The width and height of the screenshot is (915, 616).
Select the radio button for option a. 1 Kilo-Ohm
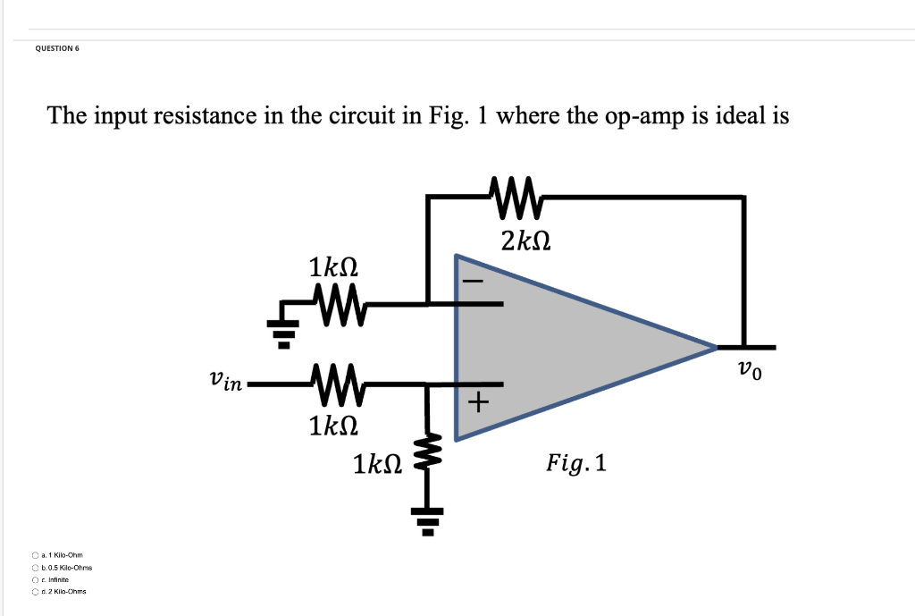[35, 556]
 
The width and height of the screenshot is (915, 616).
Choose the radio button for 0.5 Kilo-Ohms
[35, 568]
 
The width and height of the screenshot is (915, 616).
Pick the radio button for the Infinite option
[35, 579]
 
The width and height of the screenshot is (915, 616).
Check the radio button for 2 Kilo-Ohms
[35, 591]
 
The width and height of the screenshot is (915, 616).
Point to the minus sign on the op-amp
[473, 282]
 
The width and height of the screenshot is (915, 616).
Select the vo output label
[751, 369]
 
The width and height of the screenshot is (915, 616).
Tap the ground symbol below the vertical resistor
[427, 518]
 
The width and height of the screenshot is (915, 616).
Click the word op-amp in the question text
[637, 116]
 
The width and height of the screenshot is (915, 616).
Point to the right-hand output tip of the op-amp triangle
[716, 346]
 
